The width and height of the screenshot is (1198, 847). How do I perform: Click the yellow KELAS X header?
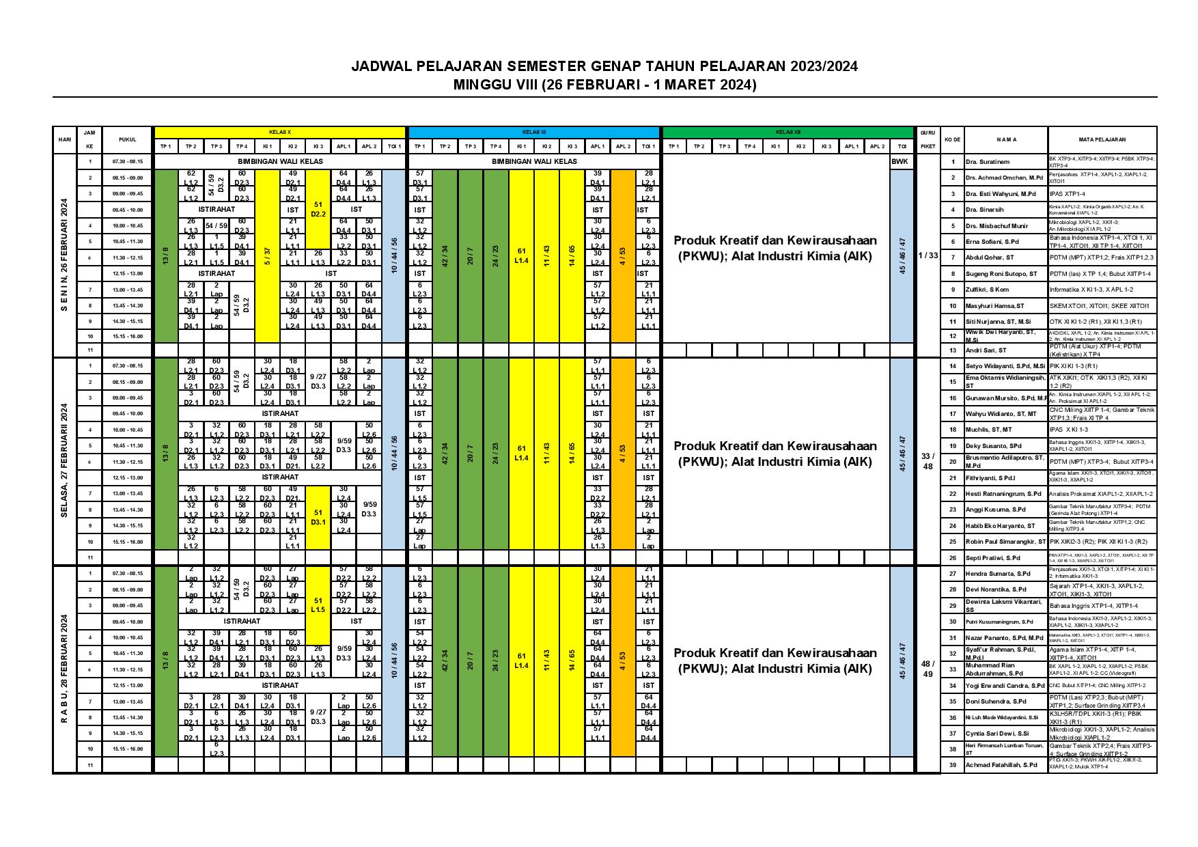(x=280, y=132)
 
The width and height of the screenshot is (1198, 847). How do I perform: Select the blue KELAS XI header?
(x=533, y=132)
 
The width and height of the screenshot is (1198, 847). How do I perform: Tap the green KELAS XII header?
(x=788, y=132)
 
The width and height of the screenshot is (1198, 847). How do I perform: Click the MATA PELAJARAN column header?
(x=1102, y=139)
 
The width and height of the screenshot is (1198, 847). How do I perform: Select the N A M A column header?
(x=1006, y=139)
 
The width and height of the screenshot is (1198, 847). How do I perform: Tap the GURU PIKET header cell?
(x=928, y=139)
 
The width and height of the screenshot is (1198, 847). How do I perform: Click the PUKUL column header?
(x=128, y=139)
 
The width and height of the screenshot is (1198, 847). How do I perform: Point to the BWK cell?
(x=901, y=162)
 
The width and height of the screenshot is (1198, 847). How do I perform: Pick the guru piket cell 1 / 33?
(x=928, y=255)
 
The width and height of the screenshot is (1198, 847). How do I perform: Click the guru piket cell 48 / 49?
(x=928, y=669)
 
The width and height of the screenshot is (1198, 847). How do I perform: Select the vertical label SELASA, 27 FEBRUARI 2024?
(x=65, y=461)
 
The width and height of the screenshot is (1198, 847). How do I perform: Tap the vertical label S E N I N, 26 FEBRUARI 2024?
(x=65, y=255)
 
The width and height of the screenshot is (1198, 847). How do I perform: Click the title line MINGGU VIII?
(x=604, y=85)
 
